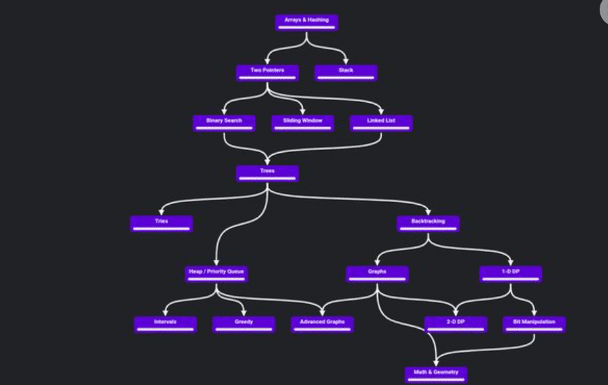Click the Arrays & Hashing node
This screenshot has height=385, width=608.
(x=306, y=22)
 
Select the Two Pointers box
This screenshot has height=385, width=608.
(x=267, y=72)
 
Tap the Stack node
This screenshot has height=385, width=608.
(x=346, y=72)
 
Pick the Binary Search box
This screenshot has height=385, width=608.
(x=224, y=123)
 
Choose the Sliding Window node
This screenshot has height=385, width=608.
(x=303, y=123)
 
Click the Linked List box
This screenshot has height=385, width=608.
(x=381, y=123)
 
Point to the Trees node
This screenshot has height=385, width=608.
(x=267, y=173)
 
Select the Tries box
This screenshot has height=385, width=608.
(x=162, y=223)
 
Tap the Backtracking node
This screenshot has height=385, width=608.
(x=428, y=223)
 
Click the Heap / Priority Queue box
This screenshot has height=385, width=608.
(x=216, y=274)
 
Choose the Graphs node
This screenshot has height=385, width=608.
(x=377, y=274)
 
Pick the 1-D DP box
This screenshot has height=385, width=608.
(x=511, y=274)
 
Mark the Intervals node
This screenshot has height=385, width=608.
(x=165, y=324)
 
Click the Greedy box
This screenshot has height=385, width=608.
(x=243, y=324)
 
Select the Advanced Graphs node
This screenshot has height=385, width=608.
(x=322, y=324)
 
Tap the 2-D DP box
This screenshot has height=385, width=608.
(x=455, y=324)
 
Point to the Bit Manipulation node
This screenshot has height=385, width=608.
(x=534, y=324)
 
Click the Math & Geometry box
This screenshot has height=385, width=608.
(x=436, y=375)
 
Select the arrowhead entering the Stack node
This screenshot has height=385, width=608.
(x=346, y=62)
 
